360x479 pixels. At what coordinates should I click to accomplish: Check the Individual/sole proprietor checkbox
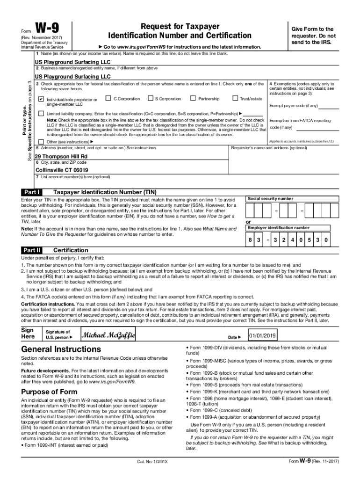pyautogui.click(x=41, y=100)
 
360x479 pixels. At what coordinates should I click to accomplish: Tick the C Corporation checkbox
pyautogui.click(x=108, y=98)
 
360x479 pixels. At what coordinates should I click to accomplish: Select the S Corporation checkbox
pyautogui.click(x=150, y=98)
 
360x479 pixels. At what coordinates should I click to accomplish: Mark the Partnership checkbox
pyautogui.click(x=193, y=98)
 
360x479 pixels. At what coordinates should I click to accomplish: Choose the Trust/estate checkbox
pyautogui.click(x=235, y=98)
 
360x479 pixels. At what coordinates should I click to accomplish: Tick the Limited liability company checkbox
pyautogui.click(x=41, y=114)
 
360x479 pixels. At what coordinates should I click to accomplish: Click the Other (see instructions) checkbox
pyautogui.click(x=41, y=141)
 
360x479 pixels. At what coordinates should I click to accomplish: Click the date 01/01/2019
pyautogui.click(x=263, y=336)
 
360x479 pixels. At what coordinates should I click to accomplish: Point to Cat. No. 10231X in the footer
pyautogui.click(x=152, y=462)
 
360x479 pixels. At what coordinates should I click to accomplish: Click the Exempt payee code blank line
pyautogui.click(x=329, y=106)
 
